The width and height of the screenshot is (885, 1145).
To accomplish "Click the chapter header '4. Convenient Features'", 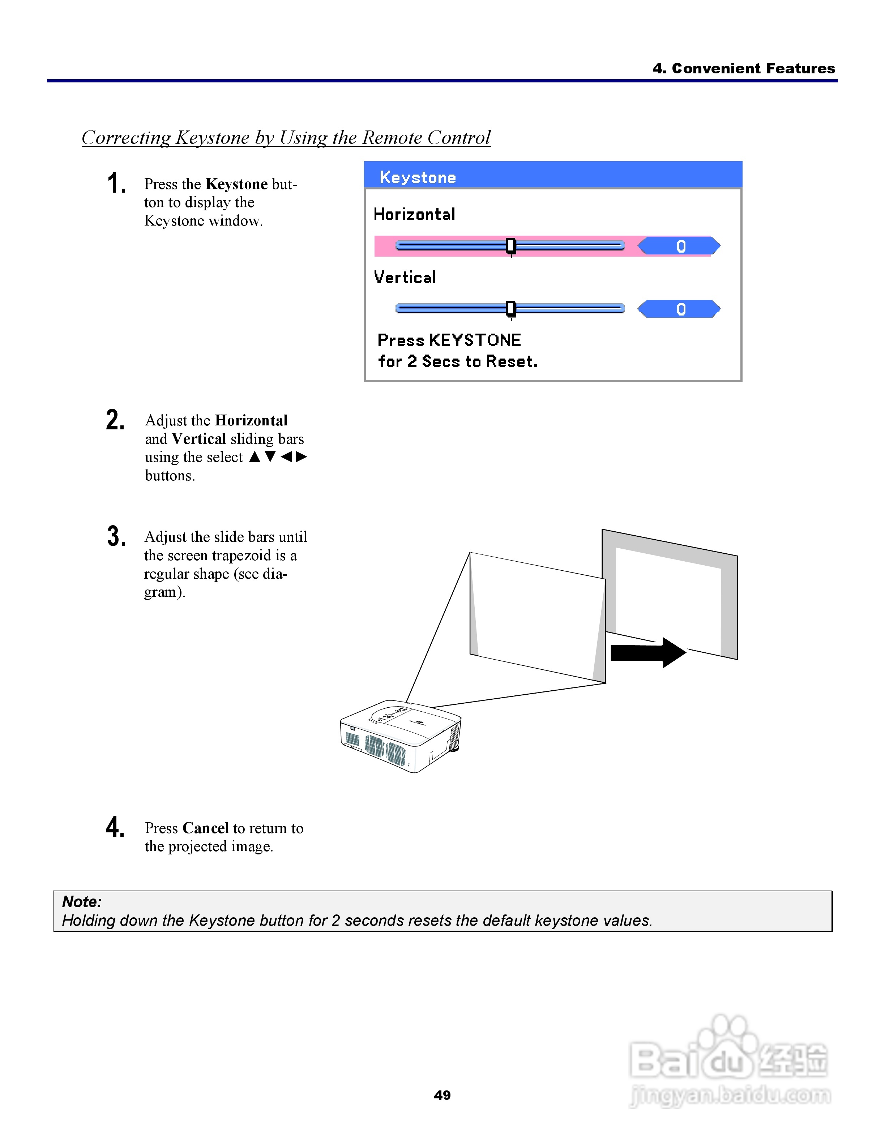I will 743,68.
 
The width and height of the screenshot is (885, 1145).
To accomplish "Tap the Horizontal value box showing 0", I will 680,246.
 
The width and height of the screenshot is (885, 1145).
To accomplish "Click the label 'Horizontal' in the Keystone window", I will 414,214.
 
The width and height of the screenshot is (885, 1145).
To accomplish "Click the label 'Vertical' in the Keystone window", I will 405,277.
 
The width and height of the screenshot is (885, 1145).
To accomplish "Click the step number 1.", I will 116,184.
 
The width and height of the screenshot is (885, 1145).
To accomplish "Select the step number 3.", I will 116,536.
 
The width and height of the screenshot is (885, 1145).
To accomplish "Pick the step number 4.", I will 115,827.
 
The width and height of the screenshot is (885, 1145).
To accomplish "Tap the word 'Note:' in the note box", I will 82,902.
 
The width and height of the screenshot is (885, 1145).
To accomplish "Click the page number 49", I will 442,1095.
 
